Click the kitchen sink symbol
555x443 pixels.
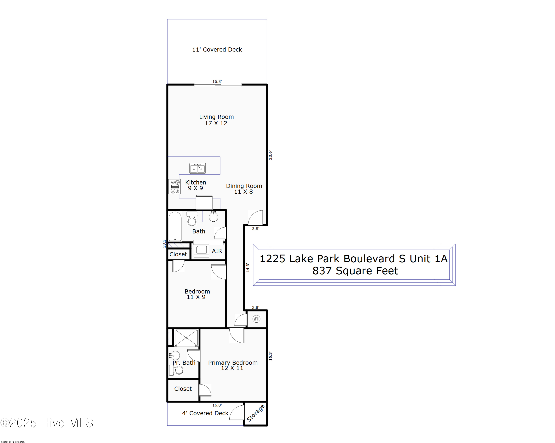pos(197,168)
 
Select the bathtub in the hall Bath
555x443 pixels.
pos(175,226)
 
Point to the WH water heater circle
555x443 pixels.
pos(256,319)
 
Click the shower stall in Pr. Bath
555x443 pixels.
pos(186,337)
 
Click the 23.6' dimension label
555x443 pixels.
pos(270,155)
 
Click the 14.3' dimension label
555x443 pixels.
pos(248,268)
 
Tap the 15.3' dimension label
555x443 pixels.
pos(270,356)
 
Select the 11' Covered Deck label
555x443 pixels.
pos(217,49)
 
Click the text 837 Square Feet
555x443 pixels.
pos(355,271)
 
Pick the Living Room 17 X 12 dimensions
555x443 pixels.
pos(216,123)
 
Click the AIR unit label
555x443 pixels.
pos(217,251)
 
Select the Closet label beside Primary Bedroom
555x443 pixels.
pos(183,389)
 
